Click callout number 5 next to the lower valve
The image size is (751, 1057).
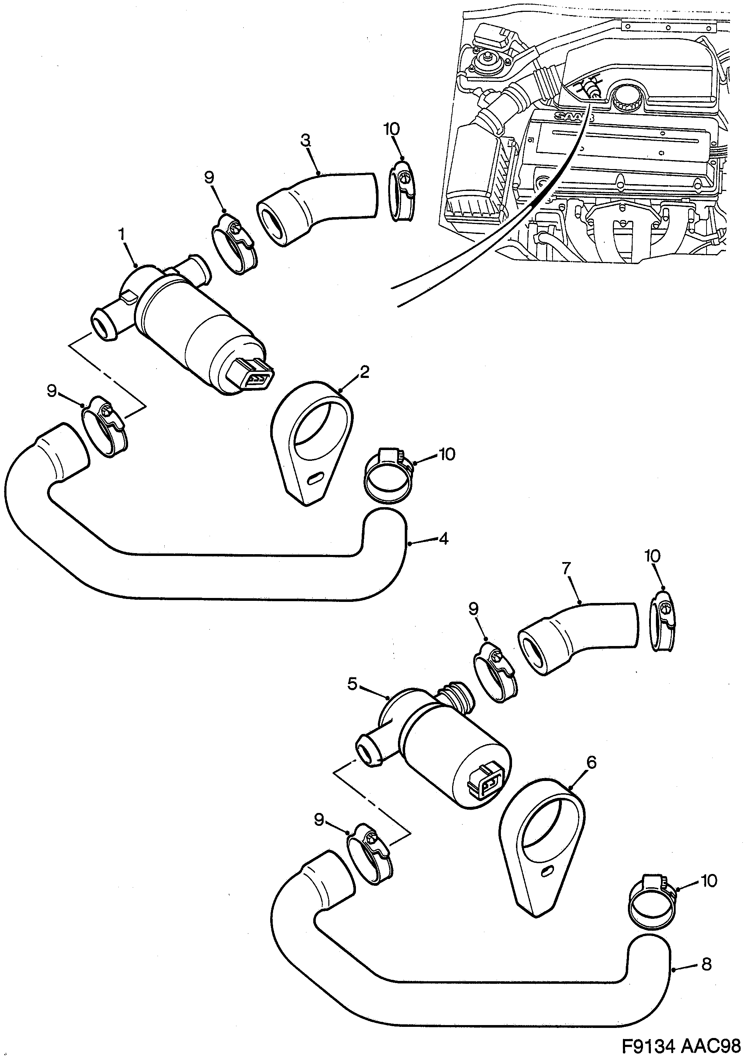pos(352,697)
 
